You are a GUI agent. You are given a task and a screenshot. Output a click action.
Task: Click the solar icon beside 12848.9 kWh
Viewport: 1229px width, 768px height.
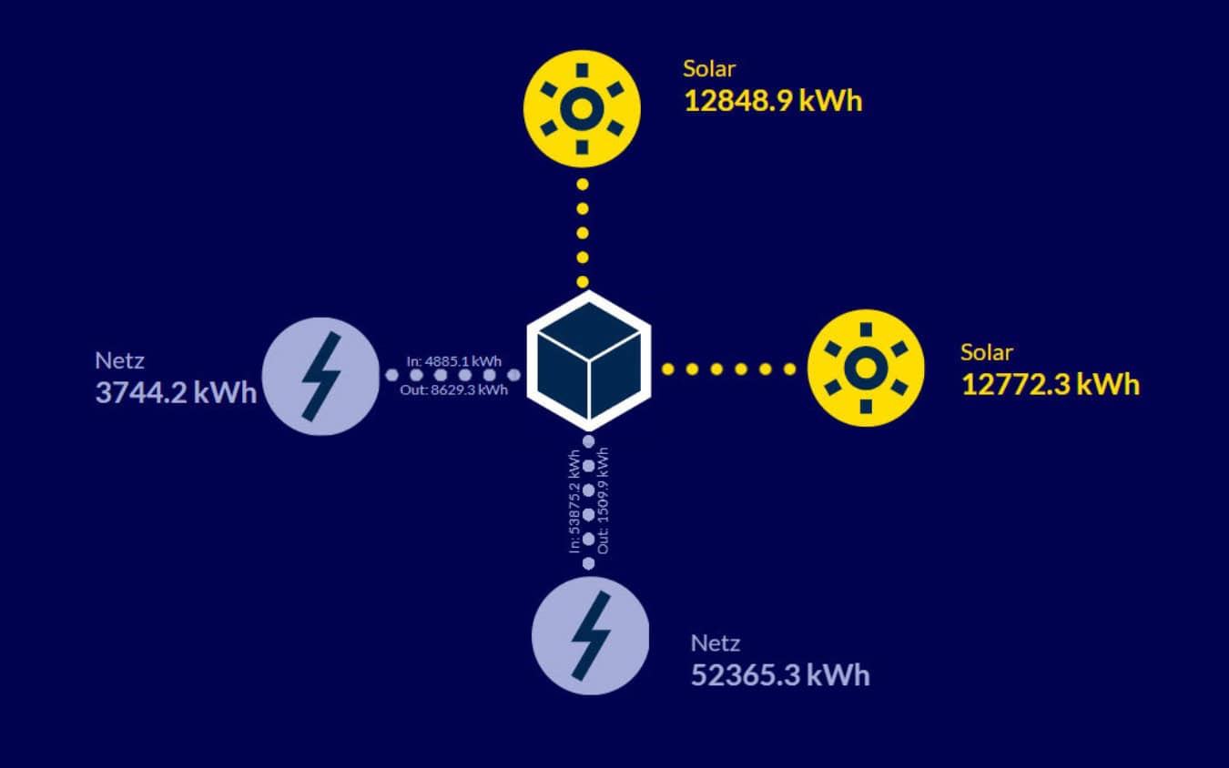coord(583,107)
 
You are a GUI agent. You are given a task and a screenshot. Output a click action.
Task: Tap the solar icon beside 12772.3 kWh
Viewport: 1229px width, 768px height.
coord(866,368)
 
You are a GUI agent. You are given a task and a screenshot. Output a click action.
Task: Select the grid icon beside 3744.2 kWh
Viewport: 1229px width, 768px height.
coord(320,376)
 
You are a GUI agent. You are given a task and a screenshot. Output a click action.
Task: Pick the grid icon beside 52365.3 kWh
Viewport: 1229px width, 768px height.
coord(590,635)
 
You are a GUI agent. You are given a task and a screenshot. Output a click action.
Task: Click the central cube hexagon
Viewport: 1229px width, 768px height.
coord(589,361)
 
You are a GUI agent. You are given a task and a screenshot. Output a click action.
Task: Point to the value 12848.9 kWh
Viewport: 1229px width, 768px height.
coord(772,100)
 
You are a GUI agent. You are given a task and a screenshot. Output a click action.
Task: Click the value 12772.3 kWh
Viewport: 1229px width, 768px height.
coord(1050,384)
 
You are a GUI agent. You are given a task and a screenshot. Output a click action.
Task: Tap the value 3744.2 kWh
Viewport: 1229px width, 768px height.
coord(176,395)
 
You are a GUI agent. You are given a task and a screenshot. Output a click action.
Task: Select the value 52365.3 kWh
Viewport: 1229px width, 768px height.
coord(780,675)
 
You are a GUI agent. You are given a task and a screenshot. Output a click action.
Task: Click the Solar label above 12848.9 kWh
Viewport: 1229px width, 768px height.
coord(709,69)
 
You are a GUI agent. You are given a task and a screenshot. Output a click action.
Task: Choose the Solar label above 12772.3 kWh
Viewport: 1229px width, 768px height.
coord(986,352)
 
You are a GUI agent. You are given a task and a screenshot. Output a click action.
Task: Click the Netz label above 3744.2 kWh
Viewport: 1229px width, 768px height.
coord(119,360)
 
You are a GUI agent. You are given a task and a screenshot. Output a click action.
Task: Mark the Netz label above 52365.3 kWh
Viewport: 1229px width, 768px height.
coord(716,643)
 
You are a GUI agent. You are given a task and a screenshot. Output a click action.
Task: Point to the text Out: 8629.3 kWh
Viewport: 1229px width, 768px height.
coord(453,389)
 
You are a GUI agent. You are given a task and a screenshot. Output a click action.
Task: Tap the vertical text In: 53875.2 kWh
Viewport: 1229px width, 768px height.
coord(574,500)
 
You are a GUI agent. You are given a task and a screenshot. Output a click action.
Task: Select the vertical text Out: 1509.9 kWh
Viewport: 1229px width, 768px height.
coord(604,500)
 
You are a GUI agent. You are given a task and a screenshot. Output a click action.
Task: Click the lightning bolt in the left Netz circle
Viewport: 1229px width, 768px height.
coord(320,376)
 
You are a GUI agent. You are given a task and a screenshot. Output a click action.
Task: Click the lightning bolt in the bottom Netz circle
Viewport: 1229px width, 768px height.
coord(590,635)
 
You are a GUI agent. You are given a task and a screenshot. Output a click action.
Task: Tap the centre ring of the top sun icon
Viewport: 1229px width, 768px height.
coord(583,108)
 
